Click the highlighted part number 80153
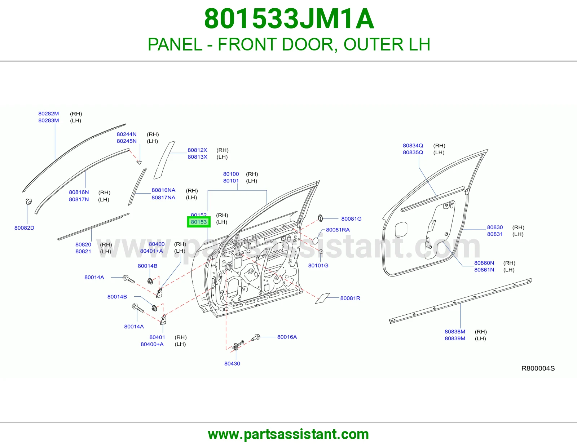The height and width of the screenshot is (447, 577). (x=199, y=222)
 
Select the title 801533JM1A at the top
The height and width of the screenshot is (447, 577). (x=289, y=19)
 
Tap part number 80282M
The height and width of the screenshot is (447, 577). (x=49, y=114)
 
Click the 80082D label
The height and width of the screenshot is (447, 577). (x=25, y=228)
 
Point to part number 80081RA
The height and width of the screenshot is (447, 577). (x=338, y=230)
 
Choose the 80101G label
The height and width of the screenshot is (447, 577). (x=318, y=265)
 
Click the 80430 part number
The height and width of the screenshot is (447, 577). (x=232, y=363)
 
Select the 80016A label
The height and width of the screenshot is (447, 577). (x=287, y=337)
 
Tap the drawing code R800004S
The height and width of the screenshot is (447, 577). (x=538, y=368)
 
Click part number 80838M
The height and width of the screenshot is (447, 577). (x=455, y=332)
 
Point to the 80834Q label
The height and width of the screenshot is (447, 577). (x=413, y=146)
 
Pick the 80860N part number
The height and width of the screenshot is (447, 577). (x=484, y=263)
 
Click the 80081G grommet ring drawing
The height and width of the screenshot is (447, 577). (x=320, y=218)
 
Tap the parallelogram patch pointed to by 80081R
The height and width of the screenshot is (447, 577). (x=323, y=298)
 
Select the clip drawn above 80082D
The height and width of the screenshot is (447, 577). (x=29, y=202)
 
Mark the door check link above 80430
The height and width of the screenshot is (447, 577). (x=238, y=345)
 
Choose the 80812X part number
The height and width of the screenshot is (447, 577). (x=197, y=150)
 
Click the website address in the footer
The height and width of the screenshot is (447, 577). (x=288, y=434)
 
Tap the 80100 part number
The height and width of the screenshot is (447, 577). (x=231, y=174)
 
